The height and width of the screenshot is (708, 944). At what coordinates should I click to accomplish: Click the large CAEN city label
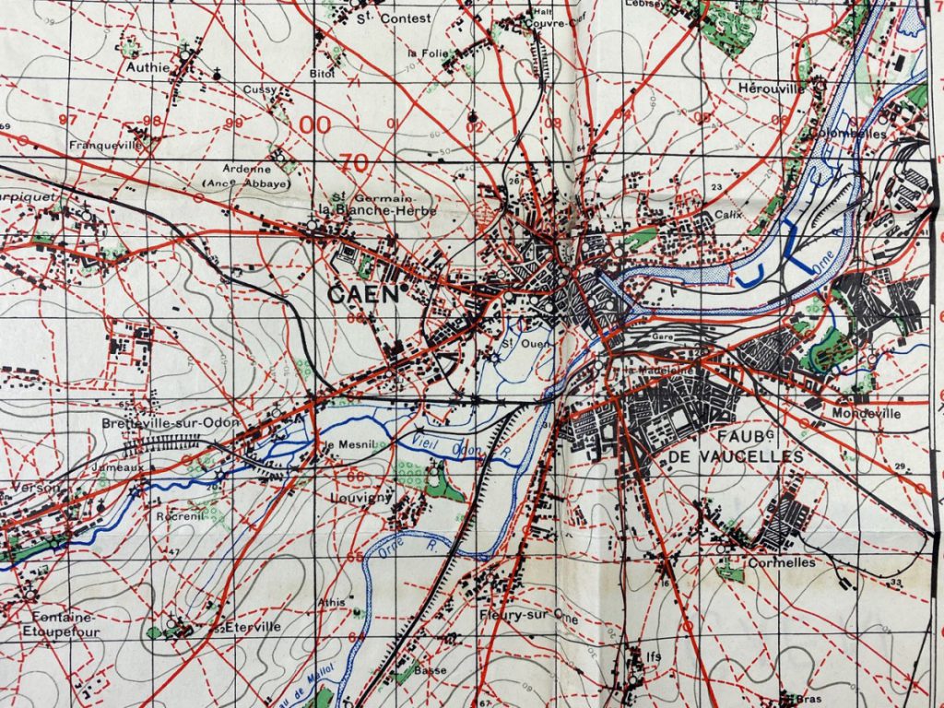tap(362, 294)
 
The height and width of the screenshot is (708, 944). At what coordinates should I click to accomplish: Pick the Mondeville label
tap(865, 414)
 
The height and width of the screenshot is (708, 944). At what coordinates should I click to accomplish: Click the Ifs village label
tap(654, 656)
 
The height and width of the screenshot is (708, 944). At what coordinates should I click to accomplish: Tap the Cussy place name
tap(260, 89)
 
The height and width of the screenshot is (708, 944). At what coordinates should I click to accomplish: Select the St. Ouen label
tap(513, 345)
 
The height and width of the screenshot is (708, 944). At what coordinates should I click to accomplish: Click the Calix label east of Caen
tap(728, 214)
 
